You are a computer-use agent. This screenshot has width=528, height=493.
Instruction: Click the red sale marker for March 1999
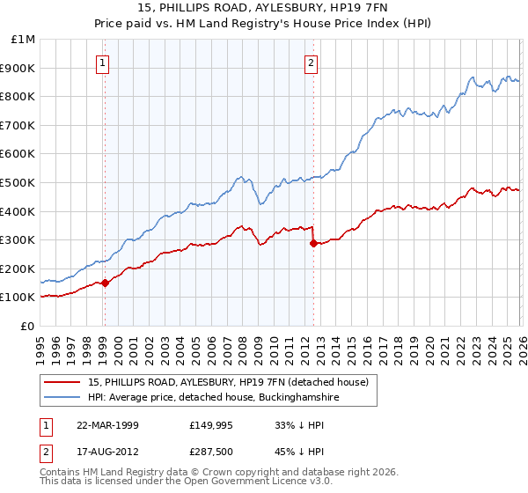click(x=105, y=283)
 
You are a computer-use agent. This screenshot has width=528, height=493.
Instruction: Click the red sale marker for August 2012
click(x=312, y=244)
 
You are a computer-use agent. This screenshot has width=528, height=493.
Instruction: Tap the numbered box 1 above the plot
click(x=104, y=63)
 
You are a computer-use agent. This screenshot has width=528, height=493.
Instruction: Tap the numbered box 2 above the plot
click(x=312, y=63)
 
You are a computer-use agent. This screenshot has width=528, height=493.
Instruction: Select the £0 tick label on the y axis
click(x=28, y=326)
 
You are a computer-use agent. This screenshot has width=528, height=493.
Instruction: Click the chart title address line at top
click(x=264, y=10)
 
